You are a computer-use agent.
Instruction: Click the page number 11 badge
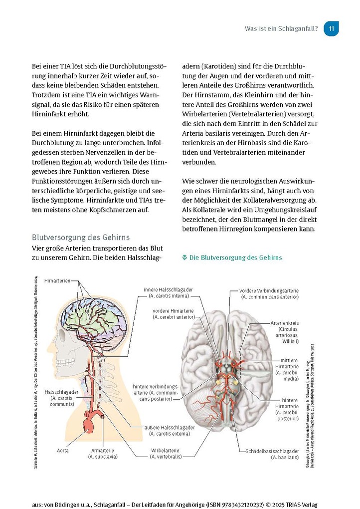332,28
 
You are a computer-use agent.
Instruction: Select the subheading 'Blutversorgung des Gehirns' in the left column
81,237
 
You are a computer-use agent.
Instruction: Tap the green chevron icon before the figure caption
184,257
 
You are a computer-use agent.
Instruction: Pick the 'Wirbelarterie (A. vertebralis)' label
163,453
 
